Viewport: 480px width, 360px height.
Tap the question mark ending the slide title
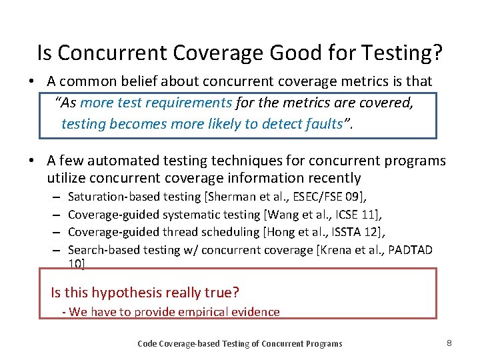439,53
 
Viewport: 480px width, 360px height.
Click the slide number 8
449,343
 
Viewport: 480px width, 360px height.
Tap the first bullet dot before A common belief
33,82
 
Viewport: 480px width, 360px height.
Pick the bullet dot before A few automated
33,161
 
